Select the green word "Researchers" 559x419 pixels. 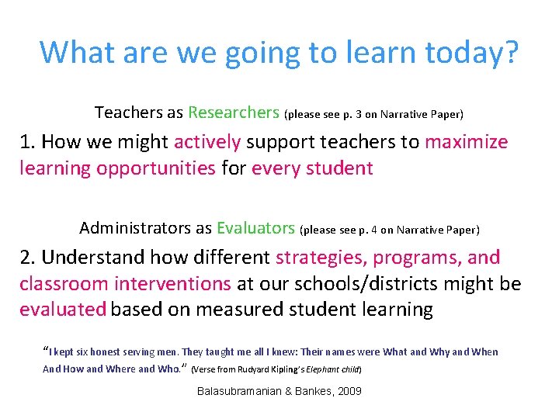point(234,113)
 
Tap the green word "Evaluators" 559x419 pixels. point(255,228)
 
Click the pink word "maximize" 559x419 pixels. point(467,142)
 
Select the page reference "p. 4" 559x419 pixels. point(365,230)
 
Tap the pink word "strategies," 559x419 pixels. point(320,258)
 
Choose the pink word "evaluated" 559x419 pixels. point(63,310)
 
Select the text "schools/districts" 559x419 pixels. point(366,284)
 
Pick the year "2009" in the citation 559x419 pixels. point(349,391)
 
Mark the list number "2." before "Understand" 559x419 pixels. point(28,258)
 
